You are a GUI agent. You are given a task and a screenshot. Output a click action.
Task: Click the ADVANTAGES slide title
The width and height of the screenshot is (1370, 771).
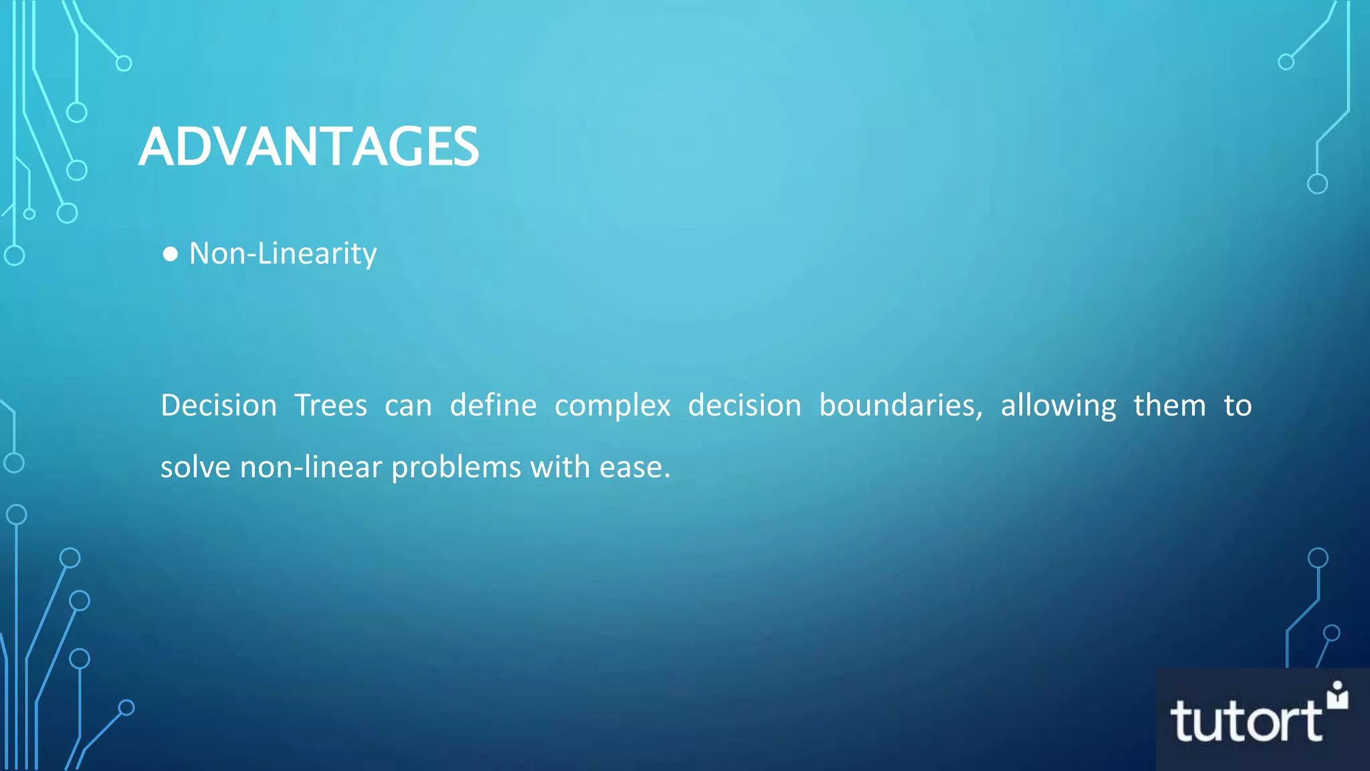308,147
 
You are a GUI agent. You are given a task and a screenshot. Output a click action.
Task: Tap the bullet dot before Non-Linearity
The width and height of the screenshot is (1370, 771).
170,254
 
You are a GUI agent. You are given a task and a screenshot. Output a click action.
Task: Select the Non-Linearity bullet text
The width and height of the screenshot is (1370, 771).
283,254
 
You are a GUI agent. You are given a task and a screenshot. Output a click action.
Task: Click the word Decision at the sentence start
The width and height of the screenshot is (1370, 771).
219,406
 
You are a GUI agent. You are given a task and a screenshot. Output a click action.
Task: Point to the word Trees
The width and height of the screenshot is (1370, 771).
331,406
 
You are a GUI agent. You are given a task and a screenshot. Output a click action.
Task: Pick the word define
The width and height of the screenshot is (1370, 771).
493,406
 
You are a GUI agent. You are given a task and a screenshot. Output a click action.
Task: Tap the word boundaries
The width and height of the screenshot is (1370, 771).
900,406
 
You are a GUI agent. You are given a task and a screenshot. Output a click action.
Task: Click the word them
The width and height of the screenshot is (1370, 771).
1169,406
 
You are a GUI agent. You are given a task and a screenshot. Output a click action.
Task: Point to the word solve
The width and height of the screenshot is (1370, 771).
195,467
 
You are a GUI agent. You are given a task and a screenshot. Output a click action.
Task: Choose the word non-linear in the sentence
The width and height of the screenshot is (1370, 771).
311,467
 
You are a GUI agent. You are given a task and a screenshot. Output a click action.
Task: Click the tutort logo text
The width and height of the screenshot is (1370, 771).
1246,721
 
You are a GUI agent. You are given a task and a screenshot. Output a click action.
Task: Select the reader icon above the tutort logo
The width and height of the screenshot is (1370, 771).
1337,695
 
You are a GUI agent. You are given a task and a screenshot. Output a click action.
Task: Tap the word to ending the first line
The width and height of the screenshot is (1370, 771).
1238,406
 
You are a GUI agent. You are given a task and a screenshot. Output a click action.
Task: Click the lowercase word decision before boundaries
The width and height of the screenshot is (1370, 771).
745,406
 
